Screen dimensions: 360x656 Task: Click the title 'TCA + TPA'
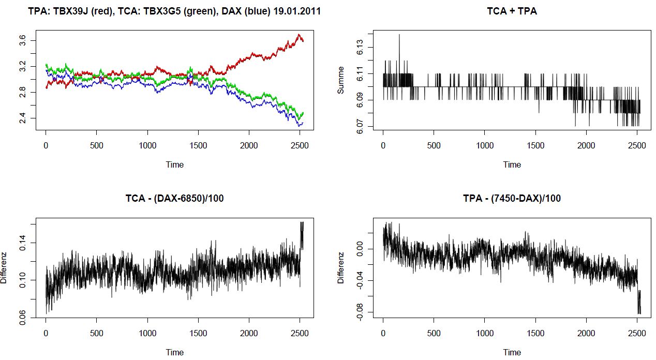512,10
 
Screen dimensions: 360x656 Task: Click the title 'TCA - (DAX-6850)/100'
174,198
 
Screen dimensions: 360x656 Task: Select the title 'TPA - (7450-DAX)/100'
512,198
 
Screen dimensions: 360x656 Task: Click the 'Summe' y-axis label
340,83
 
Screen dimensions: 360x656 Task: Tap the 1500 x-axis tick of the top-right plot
535,146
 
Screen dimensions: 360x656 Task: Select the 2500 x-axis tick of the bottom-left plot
300,334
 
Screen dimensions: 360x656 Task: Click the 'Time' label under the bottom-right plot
512,352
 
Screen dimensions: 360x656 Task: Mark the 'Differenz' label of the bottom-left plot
4,267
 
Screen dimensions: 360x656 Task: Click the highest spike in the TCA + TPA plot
399,35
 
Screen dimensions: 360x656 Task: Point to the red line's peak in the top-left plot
299,35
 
